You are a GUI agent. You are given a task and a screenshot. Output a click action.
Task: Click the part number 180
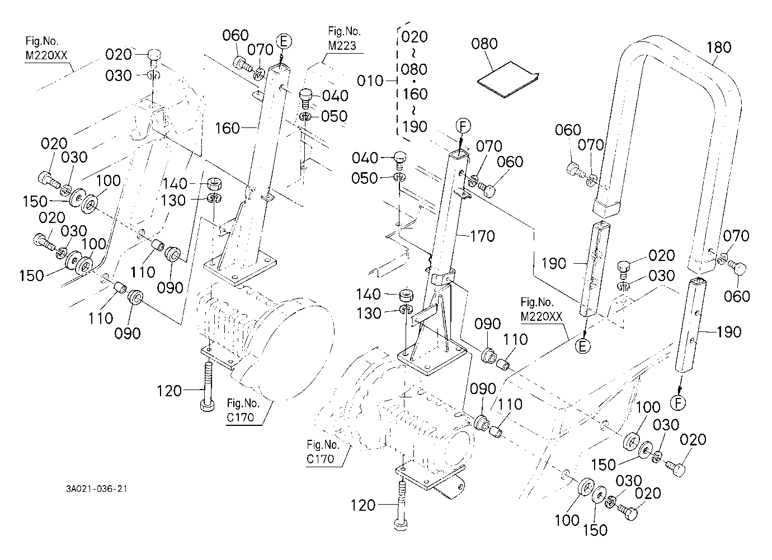(719, 48)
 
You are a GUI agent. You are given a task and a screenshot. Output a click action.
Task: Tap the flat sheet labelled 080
(507, 80)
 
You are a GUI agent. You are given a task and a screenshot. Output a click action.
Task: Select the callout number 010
(370, 81)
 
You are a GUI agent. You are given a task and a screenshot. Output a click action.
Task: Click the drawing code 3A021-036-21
(97, 488)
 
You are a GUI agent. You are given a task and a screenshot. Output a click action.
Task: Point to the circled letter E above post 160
(284, 41)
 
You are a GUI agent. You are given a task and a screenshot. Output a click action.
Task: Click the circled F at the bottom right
(678, 403)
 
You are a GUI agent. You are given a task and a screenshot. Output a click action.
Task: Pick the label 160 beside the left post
(227, 129)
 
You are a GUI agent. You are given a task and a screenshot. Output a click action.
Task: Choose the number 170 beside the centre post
(482, 236)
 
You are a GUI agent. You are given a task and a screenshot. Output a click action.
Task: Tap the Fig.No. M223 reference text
(343, 39)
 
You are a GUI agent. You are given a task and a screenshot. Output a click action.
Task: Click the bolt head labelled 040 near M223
(305, 98)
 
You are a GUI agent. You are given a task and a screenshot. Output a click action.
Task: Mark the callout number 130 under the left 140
(173, 201)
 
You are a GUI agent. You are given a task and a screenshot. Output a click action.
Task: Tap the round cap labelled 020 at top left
(154, 54)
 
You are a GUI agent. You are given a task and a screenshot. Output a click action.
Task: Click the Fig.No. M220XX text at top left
(46, 48)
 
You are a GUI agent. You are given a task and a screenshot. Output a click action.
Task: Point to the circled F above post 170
(463, 126)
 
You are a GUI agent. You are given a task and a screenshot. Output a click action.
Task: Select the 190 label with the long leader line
(553, 264)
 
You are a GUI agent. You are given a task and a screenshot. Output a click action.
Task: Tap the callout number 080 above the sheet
(484, 44)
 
